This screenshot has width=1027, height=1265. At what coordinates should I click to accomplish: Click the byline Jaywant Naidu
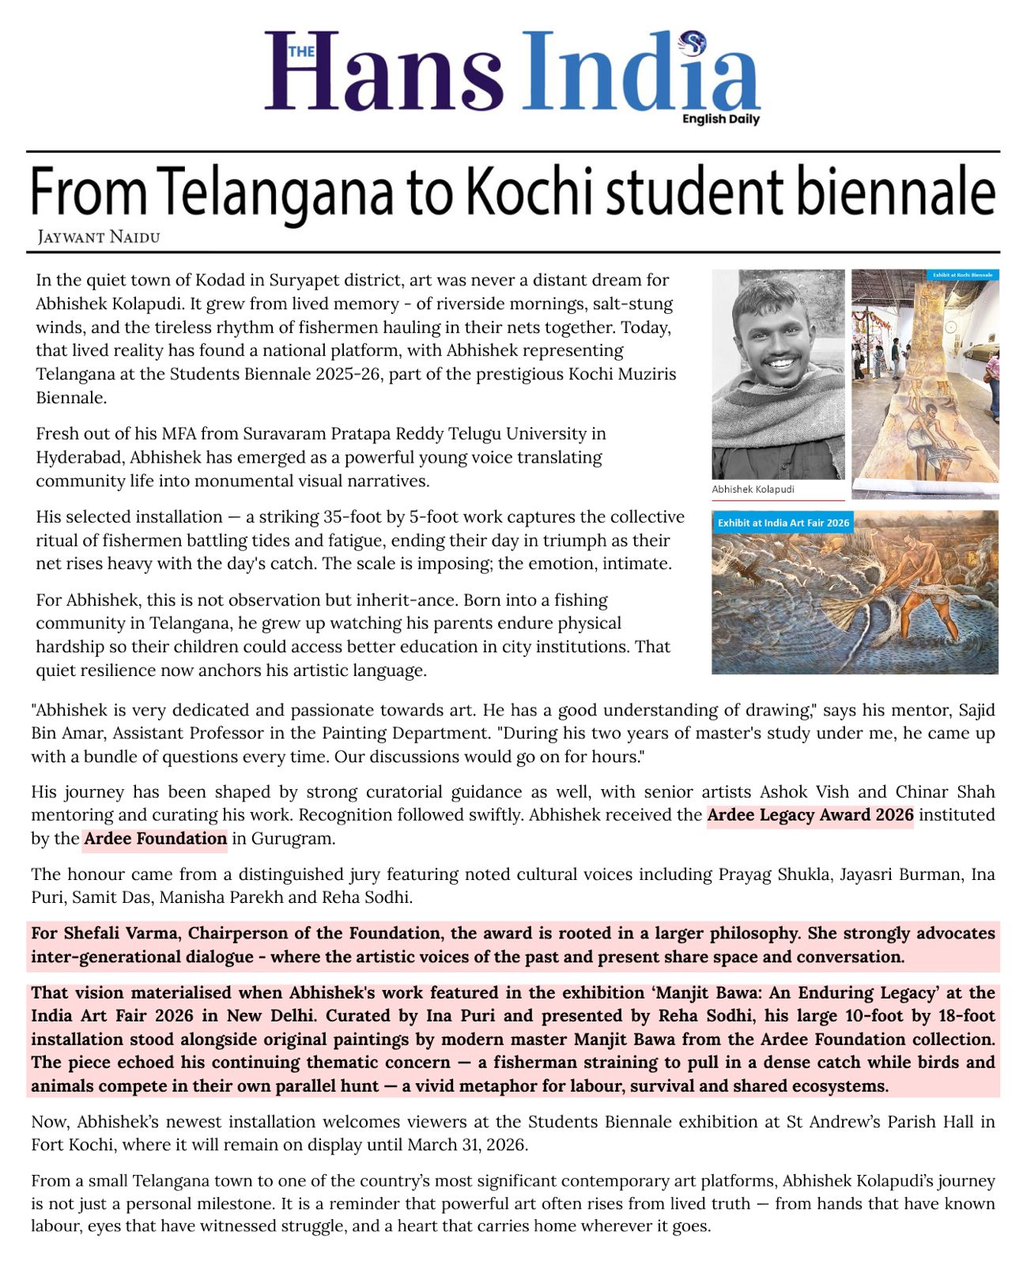(x=99, y=236)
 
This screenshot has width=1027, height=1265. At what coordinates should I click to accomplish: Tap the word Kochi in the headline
(x=519, y=193)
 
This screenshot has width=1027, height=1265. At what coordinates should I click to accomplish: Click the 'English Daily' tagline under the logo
(x=720, y=119)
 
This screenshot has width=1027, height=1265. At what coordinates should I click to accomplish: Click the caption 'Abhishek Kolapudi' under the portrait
(x=753, y=489)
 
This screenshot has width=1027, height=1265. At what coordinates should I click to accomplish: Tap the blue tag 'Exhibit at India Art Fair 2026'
(x=783, y=523)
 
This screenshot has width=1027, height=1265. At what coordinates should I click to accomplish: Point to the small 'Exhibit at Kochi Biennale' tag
(x=962, y=275)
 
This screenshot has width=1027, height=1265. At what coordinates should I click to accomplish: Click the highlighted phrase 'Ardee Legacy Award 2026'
(x=810, y=815)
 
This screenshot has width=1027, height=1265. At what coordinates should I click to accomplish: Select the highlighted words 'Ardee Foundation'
(x=155, y=838)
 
